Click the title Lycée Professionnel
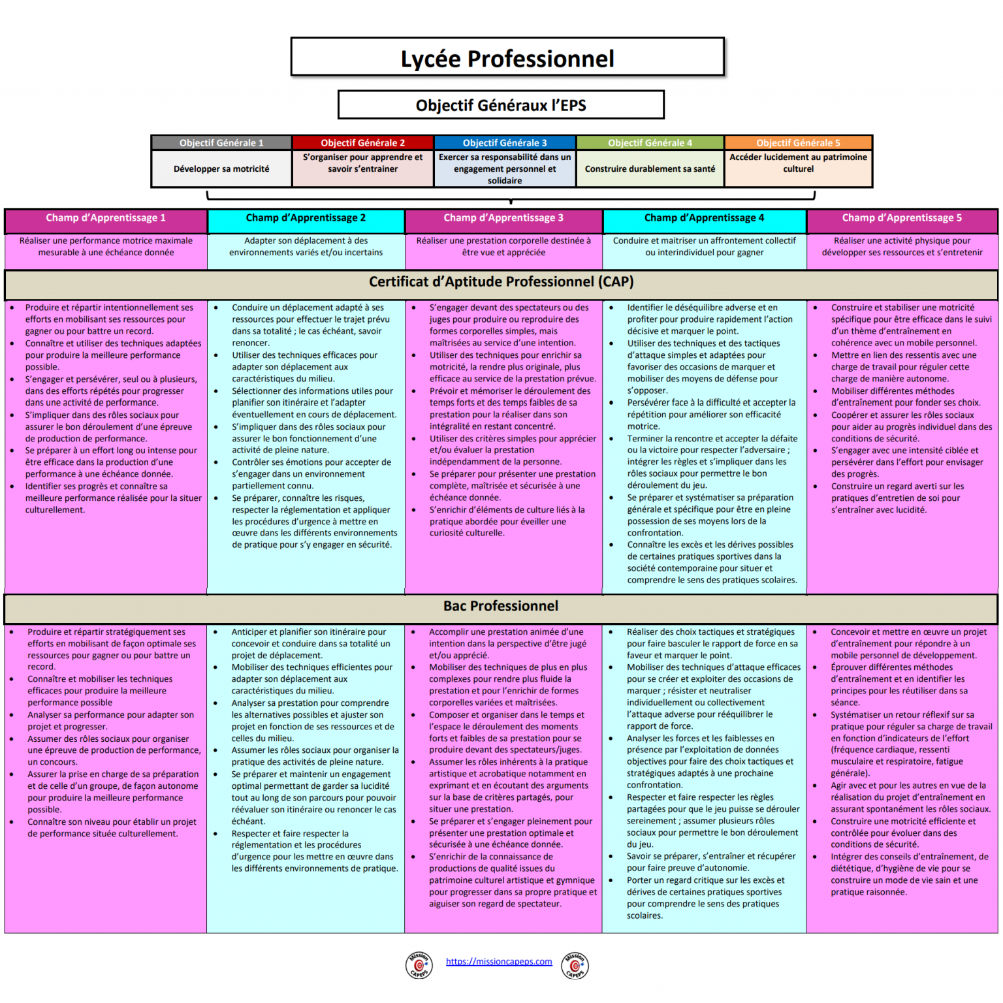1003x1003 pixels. click(507, 59)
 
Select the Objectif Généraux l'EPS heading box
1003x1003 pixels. click(501, 105)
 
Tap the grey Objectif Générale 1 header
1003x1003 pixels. click(221, 142)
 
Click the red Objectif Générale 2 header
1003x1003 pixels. click(362, 142)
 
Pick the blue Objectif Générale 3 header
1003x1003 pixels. click(505, 142)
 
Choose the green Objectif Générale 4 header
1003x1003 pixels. click(650, 142)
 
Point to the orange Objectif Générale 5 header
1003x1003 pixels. click(798, 142)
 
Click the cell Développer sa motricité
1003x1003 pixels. click(221, 169)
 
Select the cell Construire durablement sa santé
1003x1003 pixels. click(650, 169)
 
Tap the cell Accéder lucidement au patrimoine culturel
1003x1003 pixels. click(798, 163)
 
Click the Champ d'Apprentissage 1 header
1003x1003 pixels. click(106, 218)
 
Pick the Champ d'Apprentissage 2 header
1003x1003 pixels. click(306, 218)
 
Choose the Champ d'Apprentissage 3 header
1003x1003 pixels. click(503, 218)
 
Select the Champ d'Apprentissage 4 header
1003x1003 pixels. click(704, 218)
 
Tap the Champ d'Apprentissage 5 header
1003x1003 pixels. click(902, 218)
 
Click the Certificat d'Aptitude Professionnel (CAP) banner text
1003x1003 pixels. click(501, 282)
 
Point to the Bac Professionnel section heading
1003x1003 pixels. click(501, 606)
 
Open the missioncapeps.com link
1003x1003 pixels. click(499, 961)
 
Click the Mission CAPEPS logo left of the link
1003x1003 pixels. click(419, 965)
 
